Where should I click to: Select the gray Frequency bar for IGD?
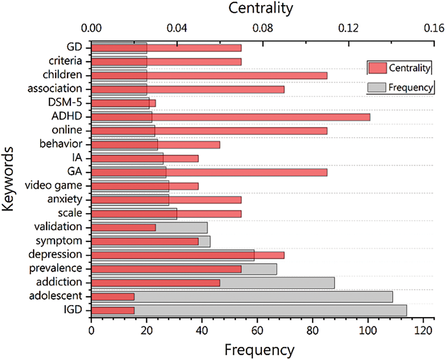270,310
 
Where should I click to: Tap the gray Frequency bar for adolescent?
263,296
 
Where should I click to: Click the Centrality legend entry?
399,68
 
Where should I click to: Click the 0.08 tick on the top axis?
263,28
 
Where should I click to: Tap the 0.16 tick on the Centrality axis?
434,28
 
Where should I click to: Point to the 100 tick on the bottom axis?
368,329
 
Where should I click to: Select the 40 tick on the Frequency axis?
202,329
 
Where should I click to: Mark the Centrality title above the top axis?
260,8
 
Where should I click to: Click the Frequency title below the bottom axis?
259,350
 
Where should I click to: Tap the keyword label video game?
53,185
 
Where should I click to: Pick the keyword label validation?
58,227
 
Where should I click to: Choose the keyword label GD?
74,47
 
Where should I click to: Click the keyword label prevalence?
55,268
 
